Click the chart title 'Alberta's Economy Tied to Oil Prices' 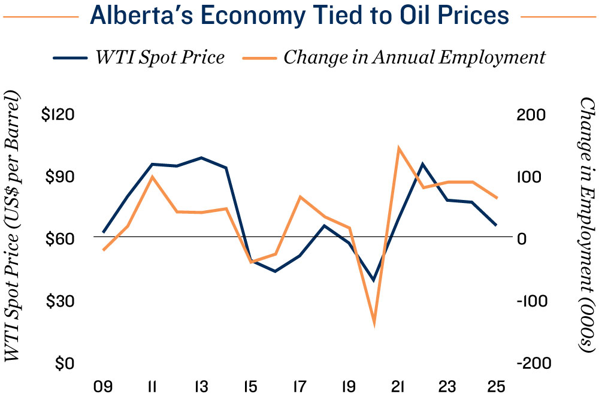(299, 17)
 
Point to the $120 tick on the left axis (59, 114)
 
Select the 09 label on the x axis (102, 385)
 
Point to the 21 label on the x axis (398, 385)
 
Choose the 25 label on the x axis (497, 385)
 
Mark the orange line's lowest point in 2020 (374, 323)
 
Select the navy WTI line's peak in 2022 (423, 163)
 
